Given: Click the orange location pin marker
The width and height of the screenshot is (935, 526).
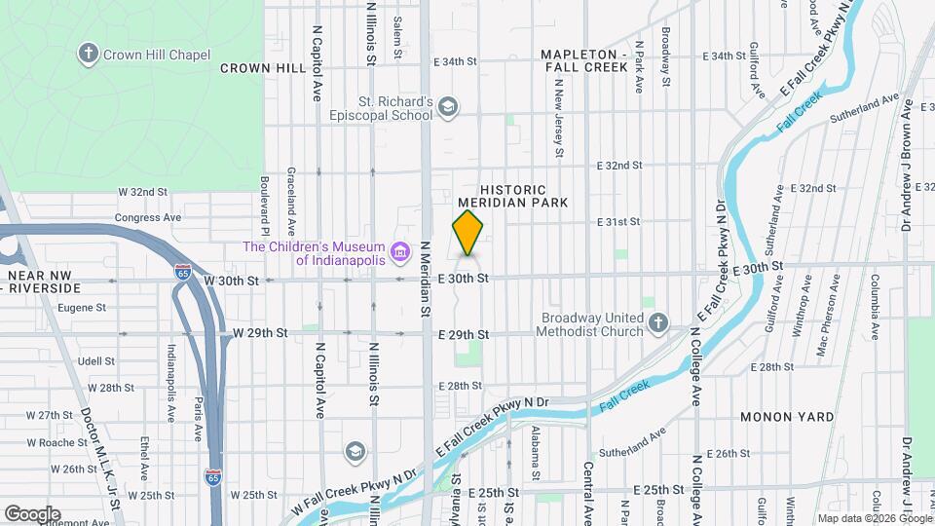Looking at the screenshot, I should point(468,234).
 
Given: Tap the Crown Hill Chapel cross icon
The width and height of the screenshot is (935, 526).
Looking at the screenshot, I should point(90,54).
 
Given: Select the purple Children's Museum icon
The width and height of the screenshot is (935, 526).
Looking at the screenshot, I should point(399,253).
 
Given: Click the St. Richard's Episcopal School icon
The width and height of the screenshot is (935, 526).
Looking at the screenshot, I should point(448,107).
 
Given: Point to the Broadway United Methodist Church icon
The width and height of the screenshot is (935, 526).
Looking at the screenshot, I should point(659,322).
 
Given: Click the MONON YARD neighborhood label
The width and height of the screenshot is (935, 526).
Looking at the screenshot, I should point(786,417).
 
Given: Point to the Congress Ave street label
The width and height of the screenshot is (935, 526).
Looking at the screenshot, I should point(148,218).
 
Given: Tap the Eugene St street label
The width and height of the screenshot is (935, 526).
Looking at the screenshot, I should point(82,308).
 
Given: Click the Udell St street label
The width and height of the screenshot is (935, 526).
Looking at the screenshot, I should point(96,360).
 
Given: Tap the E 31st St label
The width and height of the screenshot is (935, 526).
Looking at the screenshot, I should point(618,222).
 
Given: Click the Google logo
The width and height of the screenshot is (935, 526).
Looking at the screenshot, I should point(32,514).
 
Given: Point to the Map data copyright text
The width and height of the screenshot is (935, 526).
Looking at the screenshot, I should point(873,518).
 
